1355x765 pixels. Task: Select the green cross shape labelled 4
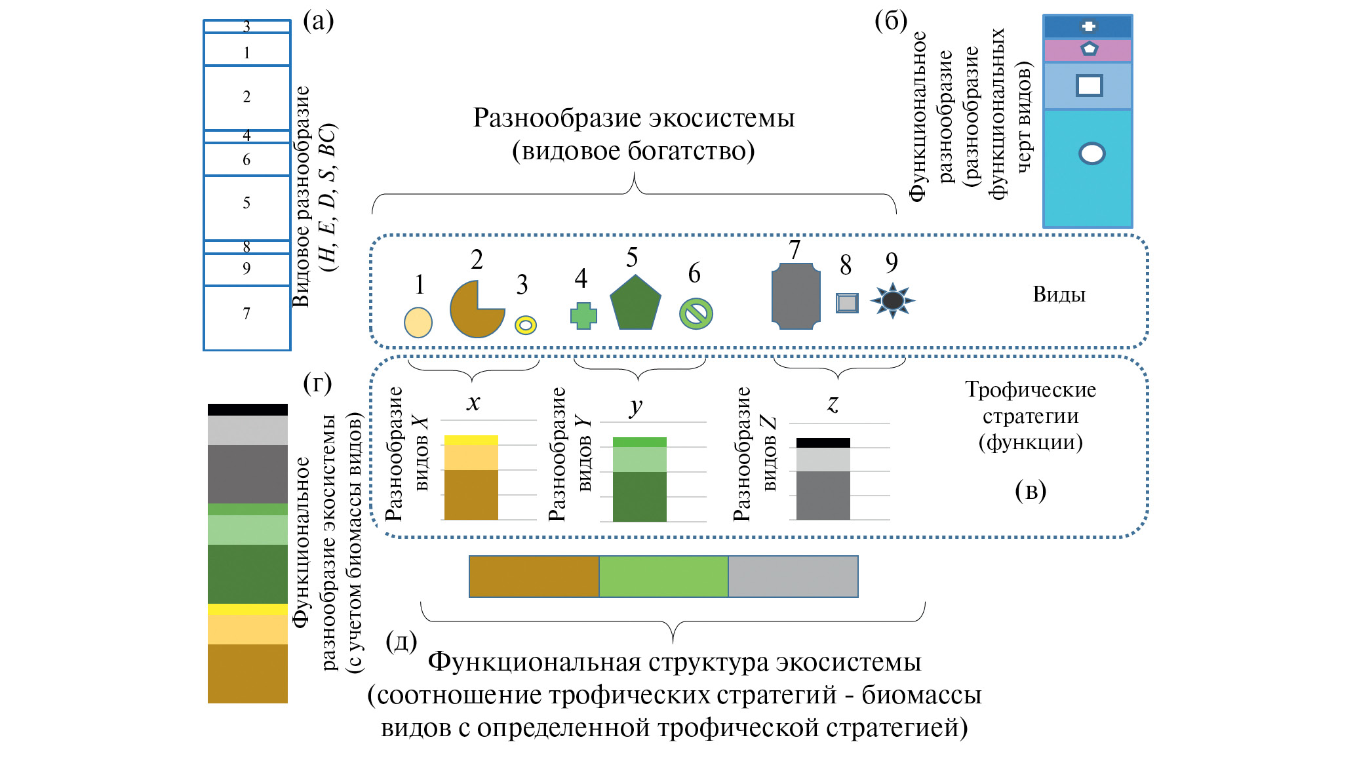click(x=583, y=315)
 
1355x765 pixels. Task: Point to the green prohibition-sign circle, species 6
click(x=696, y=313)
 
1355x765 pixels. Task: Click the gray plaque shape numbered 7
click(x=796, y=296)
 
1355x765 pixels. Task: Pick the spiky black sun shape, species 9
click(x=892, y=300)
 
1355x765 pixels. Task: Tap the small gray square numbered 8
click(x=847, y=303)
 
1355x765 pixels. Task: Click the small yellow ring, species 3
click(x=526, y=324)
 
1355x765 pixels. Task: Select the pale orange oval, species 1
click(x=418, y=322)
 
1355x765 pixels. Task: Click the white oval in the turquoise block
click(x=1091, y=153)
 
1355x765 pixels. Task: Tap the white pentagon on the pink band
click(x=1089, y=49)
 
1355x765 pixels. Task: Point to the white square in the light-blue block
click(x=1089, y=85)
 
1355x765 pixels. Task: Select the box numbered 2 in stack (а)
click(x=246, y=98)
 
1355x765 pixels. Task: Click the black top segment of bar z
click(x=823, y=442)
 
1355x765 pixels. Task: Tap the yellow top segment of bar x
click(x=471, y=440)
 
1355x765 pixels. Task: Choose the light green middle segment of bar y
click(x=639, y=460)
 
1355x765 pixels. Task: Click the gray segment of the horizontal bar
click(x=793, y=576)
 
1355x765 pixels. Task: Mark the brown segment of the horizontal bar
click(x=534, y=576)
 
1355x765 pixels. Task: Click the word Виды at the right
click(x=1059, y=294)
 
